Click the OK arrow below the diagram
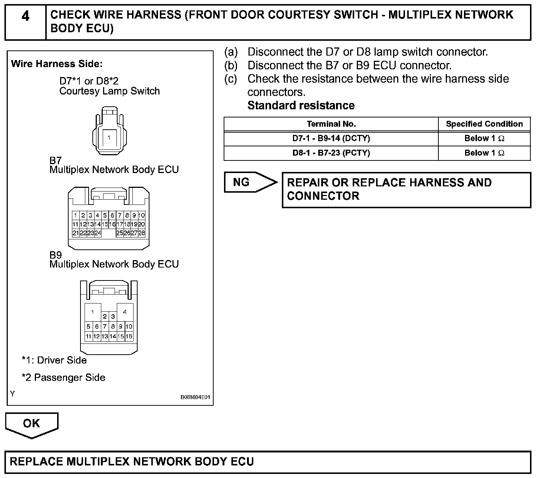tap(32, 424)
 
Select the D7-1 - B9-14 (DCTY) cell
tap(331, 139)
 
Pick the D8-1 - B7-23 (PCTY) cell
tap(331, 153)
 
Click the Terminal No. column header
tap(331, 124)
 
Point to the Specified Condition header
tap(484, 124)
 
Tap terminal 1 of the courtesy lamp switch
tap(109, 138)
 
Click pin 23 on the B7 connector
tap(90, 233)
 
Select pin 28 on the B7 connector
tap(141, 233)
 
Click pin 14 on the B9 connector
tap(113, 336)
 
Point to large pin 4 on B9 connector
tap(125, 312)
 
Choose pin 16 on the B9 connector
tap(129, 336)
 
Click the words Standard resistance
tap(301, 106)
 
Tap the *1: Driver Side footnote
tap(54, 360)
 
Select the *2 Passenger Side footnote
tap(63, 378)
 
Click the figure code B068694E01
tap(195, 397)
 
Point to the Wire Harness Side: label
tap(57, 64)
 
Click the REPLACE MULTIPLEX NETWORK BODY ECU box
tap(268, 462)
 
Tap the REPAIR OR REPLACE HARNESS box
tap(406, 189)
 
